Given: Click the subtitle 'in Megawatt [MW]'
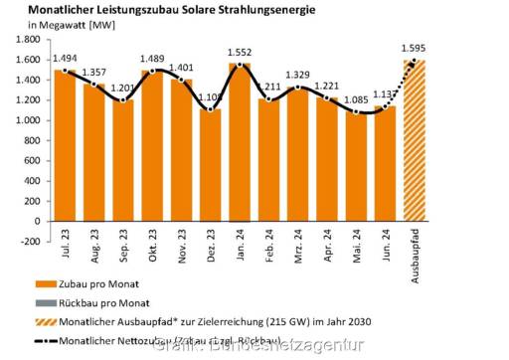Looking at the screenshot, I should click(x=62, y=25).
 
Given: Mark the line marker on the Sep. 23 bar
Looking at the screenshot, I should click(x=123, y=99).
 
